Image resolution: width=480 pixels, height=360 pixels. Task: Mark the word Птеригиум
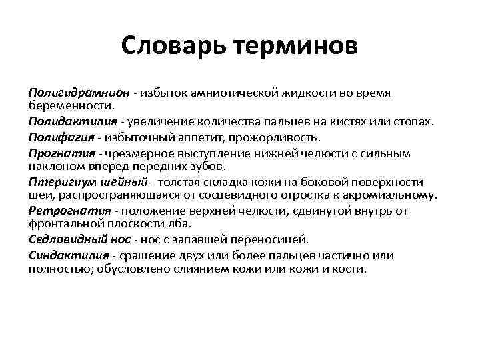(59, 182)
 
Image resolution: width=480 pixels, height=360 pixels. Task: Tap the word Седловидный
(64, 239)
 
